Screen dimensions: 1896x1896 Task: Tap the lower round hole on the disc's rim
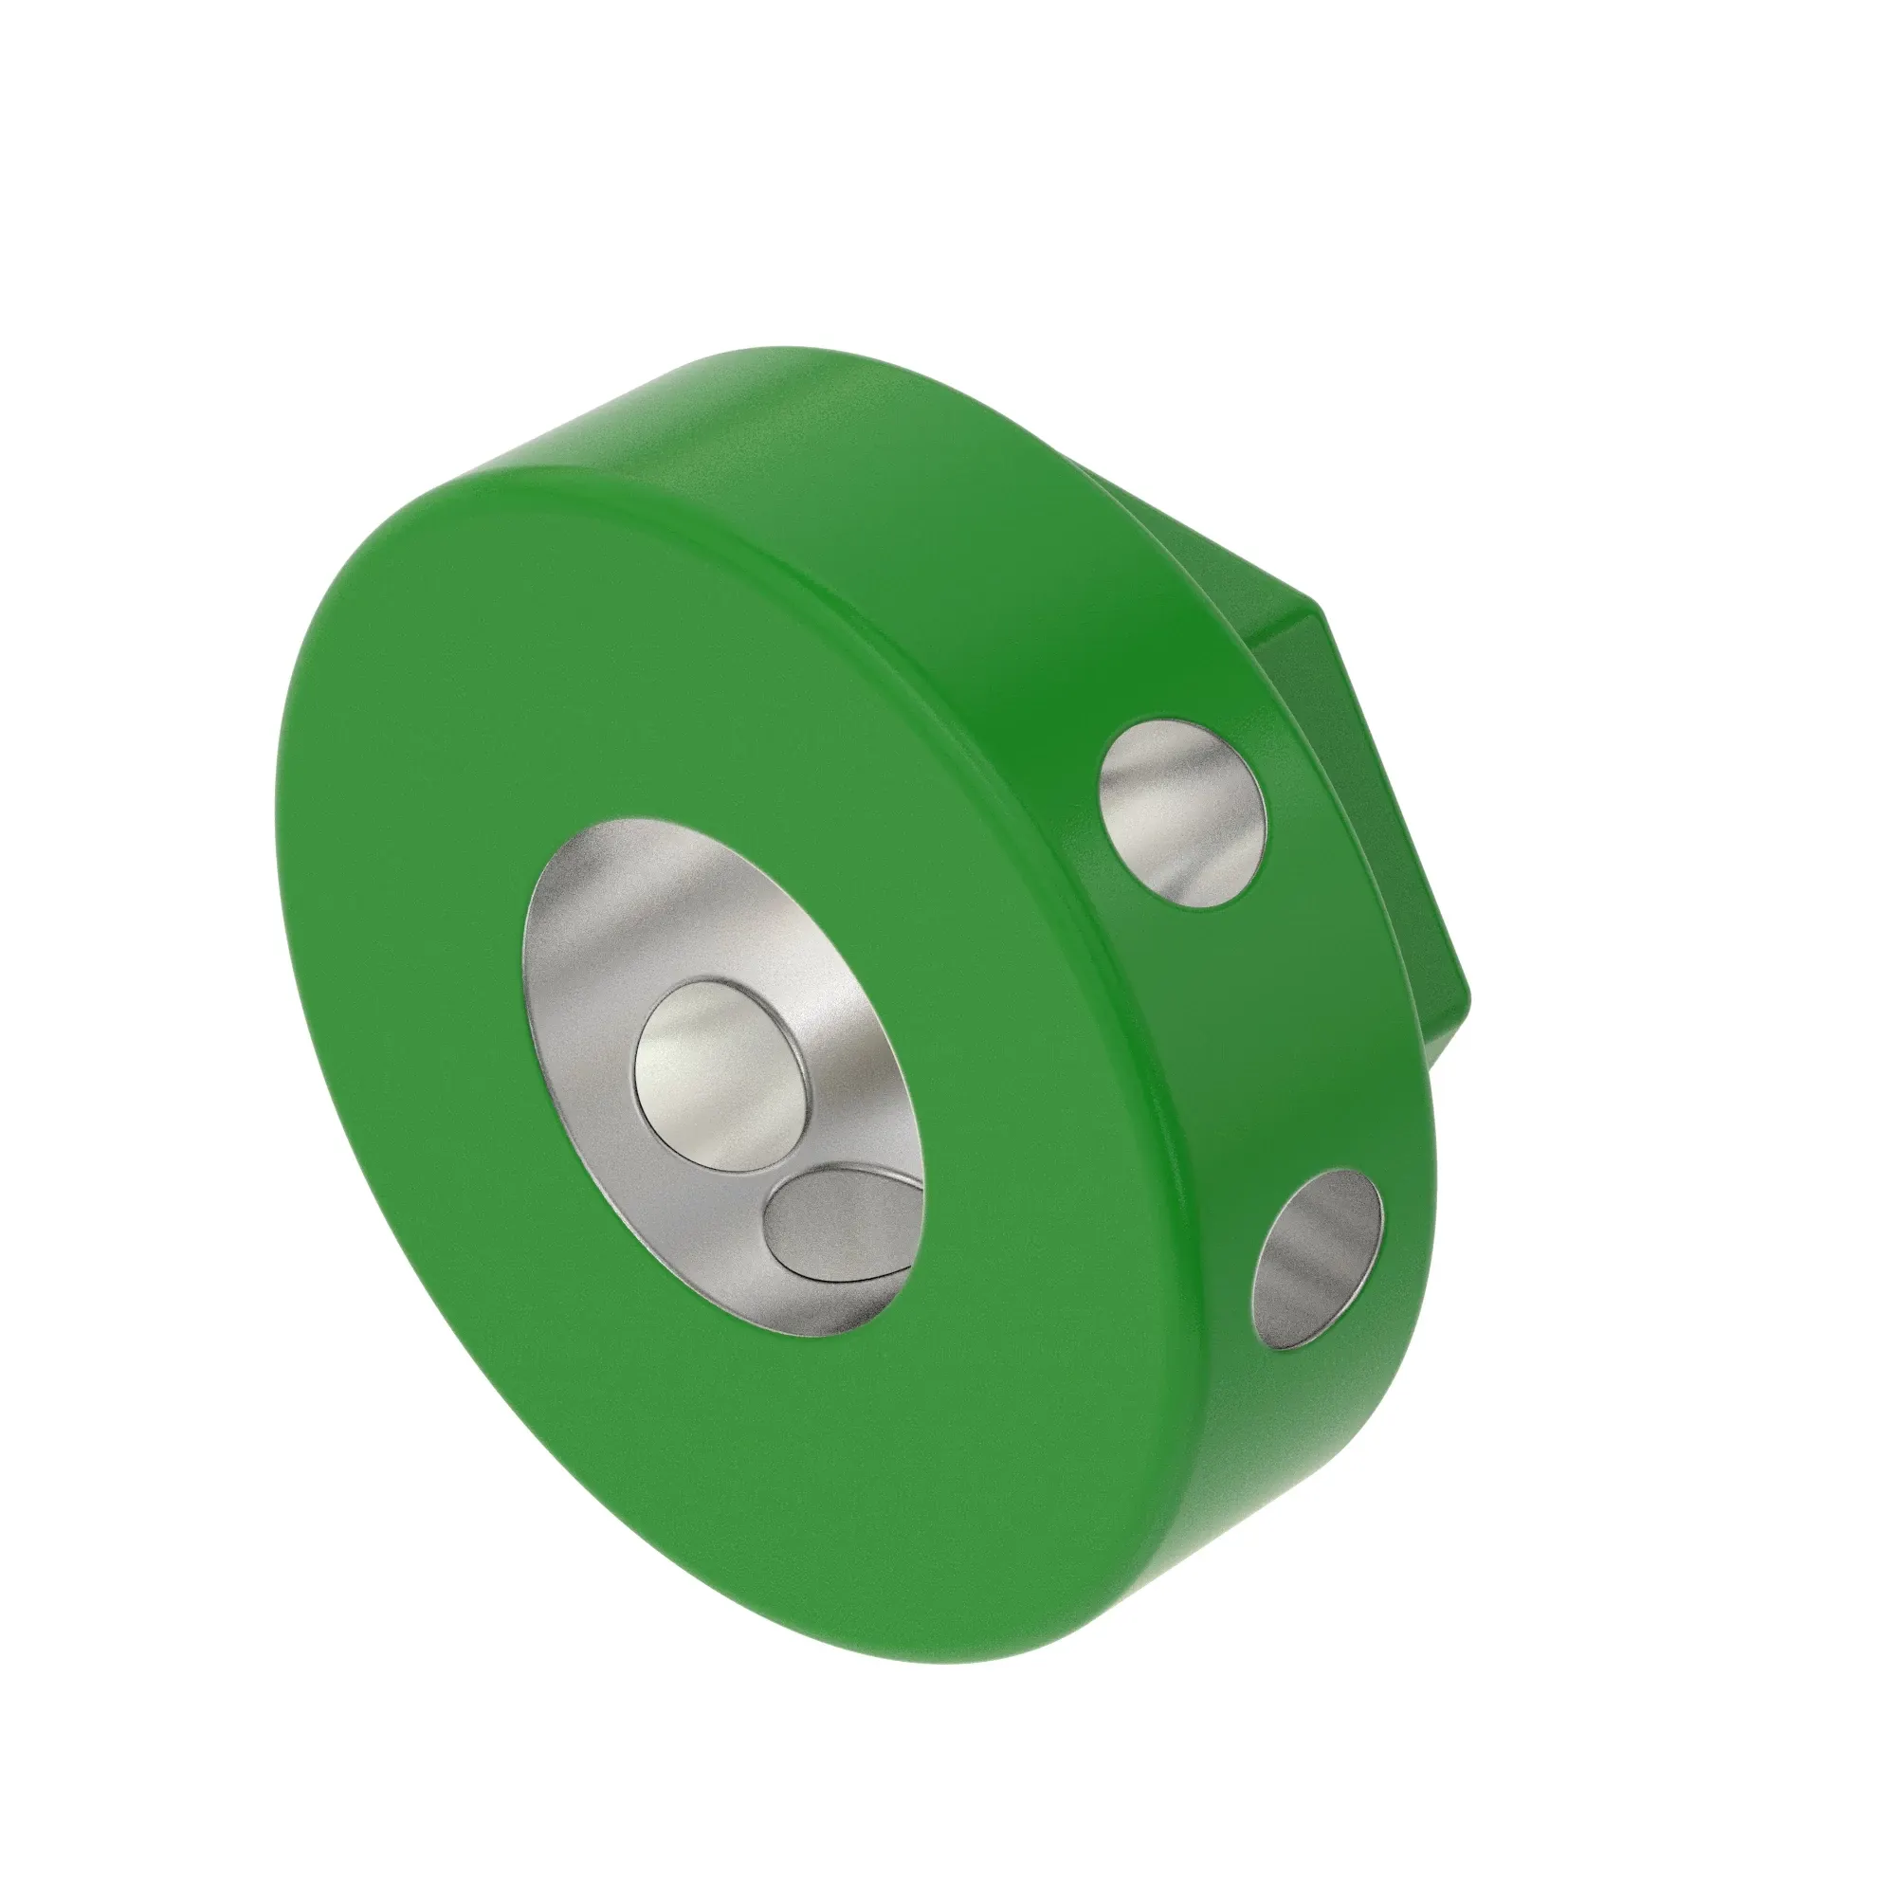click(1318, 1259)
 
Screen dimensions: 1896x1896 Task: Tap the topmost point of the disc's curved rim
click(785, 347)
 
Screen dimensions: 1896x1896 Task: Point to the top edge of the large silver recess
click(629, 822)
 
